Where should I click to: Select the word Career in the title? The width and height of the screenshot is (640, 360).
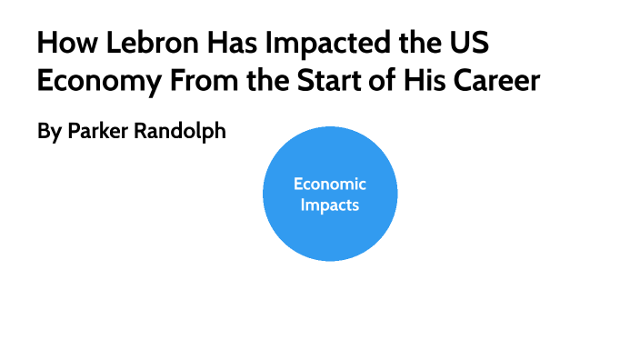[x=495, y=81]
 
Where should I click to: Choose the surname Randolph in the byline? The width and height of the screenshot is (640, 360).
[x=182, y=131]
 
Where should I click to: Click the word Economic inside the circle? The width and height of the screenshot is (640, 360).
[x=330, y=185]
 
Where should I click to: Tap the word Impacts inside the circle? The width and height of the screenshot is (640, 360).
[x=330, y=205]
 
